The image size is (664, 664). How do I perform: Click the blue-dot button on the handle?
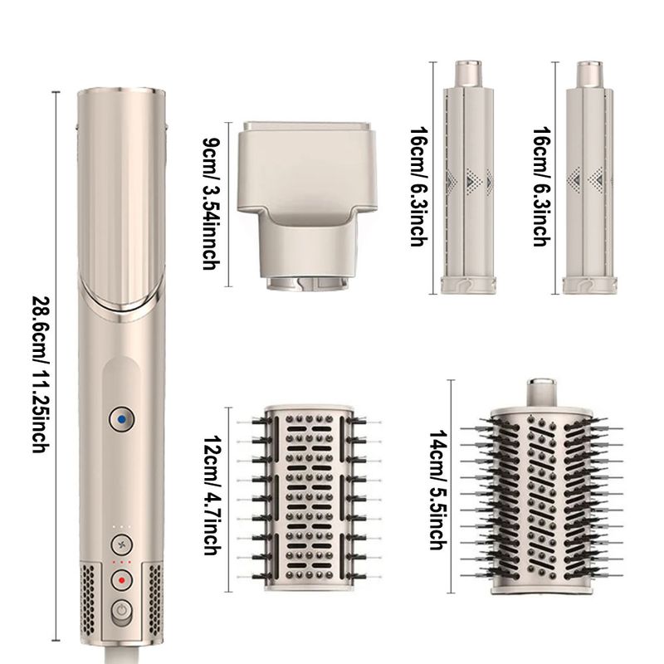click(x=121, y=420)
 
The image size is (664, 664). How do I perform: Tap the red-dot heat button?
click(x=121, y=580)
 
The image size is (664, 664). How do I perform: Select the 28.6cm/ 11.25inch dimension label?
click(x=41, y=374)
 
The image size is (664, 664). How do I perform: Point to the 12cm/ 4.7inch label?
click(x=212, y=495)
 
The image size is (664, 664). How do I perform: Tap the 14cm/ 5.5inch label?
click(x=438, y=490)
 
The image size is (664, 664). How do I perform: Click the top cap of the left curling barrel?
click(x=468, y=74)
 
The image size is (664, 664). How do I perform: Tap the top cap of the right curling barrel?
click(x=589, y=74)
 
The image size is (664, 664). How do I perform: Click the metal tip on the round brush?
click(x=541, y=392)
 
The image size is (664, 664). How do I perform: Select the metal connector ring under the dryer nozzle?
click(x=308, y=283)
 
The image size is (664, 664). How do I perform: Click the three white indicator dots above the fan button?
click(x=121, y=527)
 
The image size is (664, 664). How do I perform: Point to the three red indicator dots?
click(x=121, y=562)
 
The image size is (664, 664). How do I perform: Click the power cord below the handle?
click(x=122, y=656)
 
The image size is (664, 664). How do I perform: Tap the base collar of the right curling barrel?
click(x=589, y=285)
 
